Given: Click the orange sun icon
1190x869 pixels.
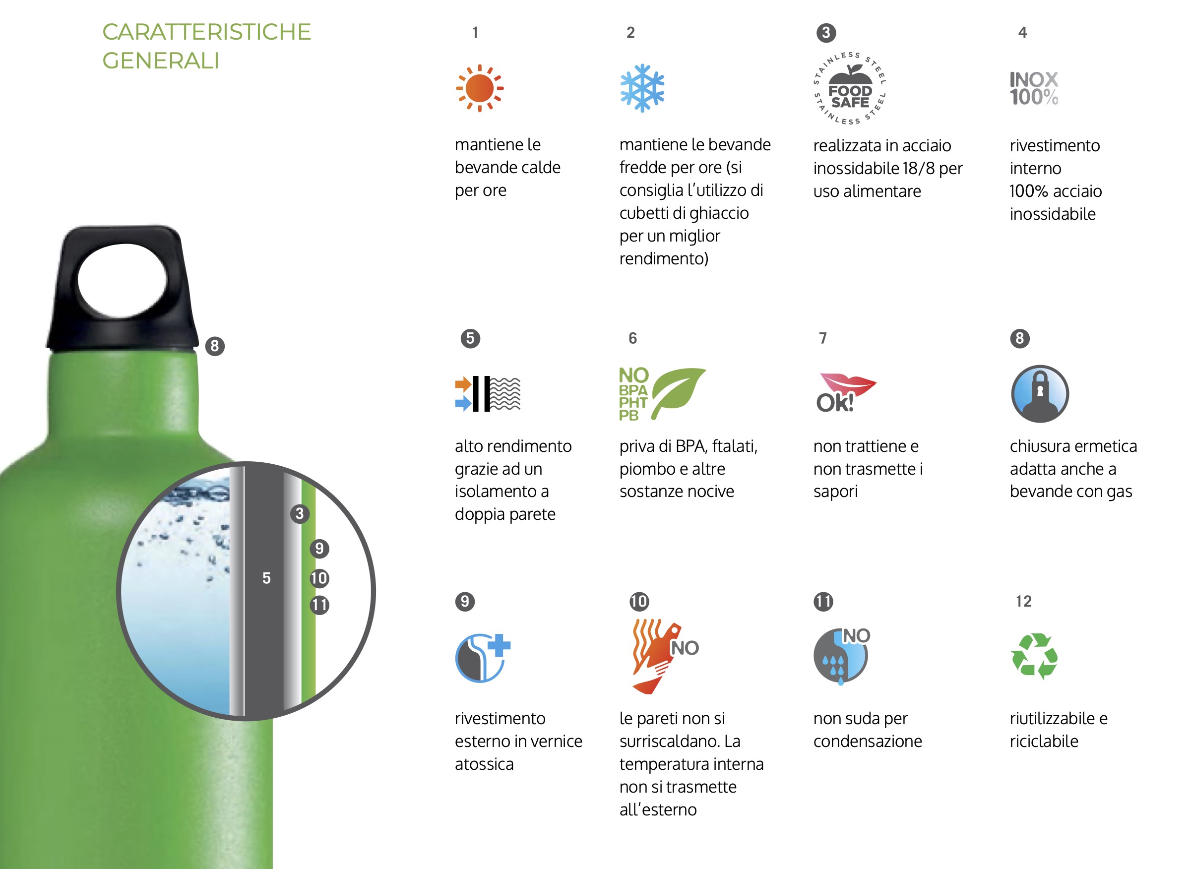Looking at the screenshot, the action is pyautogui.click(x=479, y=88).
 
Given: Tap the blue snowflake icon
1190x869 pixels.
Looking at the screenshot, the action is pyautogui.click(x=642, y=88).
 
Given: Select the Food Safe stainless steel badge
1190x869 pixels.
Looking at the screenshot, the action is pyautogui.click(x=850, y=88).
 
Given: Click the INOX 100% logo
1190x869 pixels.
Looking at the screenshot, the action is pyautogui.click(x=1034, y=88).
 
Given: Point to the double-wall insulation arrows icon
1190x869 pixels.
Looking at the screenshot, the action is pyautogui.click(x=488, y=393).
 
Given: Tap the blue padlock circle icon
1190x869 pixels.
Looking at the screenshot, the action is pyautogui.click(x=1040, y=394).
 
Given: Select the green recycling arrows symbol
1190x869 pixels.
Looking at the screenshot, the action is pyautogui.click(x=1034, y=657).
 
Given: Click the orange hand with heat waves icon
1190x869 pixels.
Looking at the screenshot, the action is pyautogui.click(x=665, y=657).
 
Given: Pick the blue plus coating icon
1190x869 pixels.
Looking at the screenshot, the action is pyautogui.click(x=483, y=658).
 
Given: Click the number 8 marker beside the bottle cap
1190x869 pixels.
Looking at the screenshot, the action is pyautogui.click(x=215, y=346).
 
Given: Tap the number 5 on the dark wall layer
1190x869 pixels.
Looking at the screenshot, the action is pyautogui.click(x=267, y=578).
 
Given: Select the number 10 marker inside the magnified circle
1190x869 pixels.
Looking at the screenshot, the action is pyautogui.click(x=319, y=579).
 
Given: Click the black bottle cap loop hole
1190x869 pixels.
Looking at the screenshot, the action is pyautogui.click(x=123, y=280).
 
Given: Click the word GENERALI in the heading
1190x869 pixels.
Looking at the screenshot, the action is pyautogui.click(x=160, y=61).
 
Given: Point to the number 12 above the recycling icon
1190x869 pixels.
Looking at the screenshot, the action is pyautogui.click(x=1024, y=601).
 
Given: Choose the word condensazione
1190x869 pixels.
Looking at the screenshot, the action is pyautogui.click(x=868, y=741).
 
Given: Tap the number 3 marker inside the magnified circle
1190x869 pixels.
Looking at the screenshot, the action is pyautogui.click(x=300, y=513).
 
